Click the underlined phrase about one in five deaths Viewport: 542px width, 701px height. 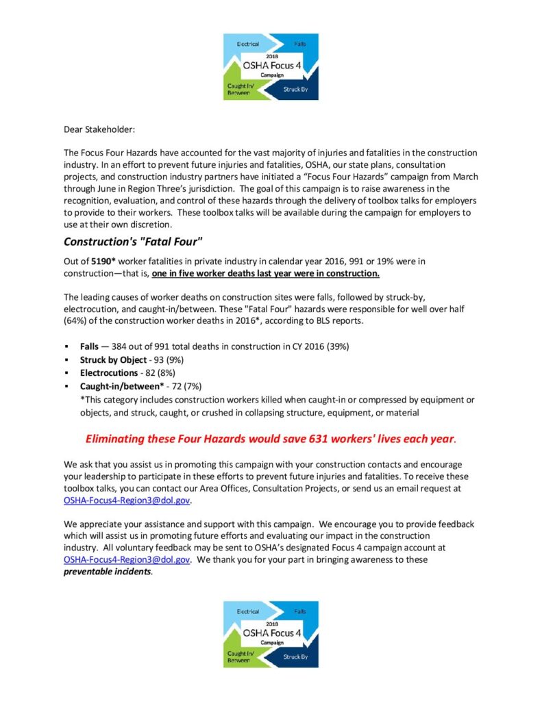pyautogui.click(x=266, y=273)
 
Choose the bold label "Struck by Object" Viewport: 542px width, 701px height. pyautogui.click(x=113, y=359)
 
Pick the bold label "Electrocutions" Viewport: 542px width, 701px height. pyautogui.click(x=108, y=373)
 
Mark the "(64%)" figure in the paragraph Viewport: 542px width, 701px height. pyautogui.click(x=78, y=320)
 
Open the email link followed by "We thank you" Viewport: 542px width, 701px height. pyautogui.click(x=127, y=559)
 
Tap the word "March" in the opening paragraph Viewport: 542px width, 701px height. pyautogui.click(x=464, y=177)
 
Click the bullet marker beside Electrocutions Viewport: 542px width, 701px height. pyautogui.click(x=66, y=373)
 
